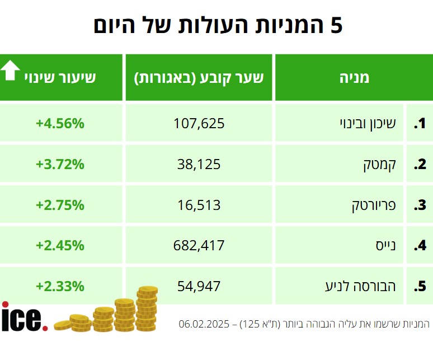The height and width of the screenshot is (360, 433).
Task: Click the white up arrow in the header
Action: (11, 71)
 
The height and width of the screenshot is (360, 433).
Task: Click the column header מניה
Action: (354, 77)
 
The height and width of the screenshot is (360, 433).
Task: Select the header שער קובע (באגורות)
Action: (199, 77)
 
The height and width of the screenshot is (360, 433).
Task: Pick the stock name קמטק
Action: (380, 165)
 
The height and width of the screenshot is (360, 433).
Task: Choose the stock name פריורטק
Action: (373, 205)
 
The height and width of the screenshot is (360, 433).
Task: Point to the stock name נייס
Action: (385, 245)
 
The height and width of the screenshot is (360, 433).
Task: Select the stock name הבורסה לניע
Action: (361, 286)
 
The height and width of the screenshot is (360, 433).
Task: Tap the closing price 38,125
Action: (199, 165)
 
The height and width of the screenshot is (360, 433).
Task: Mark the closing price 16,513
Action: (199, 205)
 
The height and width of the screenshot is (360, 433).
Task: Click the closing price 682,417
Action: (199, 245)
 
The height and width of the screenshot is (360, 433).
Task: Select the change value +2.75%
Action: (60, 205)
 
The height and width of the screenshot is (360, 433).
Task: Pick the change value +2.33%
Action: (60, 286)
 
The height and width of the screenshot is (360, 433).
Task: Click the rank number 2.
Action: (420, 165)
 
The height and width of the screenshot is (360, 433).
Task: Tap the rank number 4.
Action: (420, 245)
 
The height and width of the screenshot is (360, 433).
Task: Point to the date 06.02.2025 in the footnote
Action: (203, 324)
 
